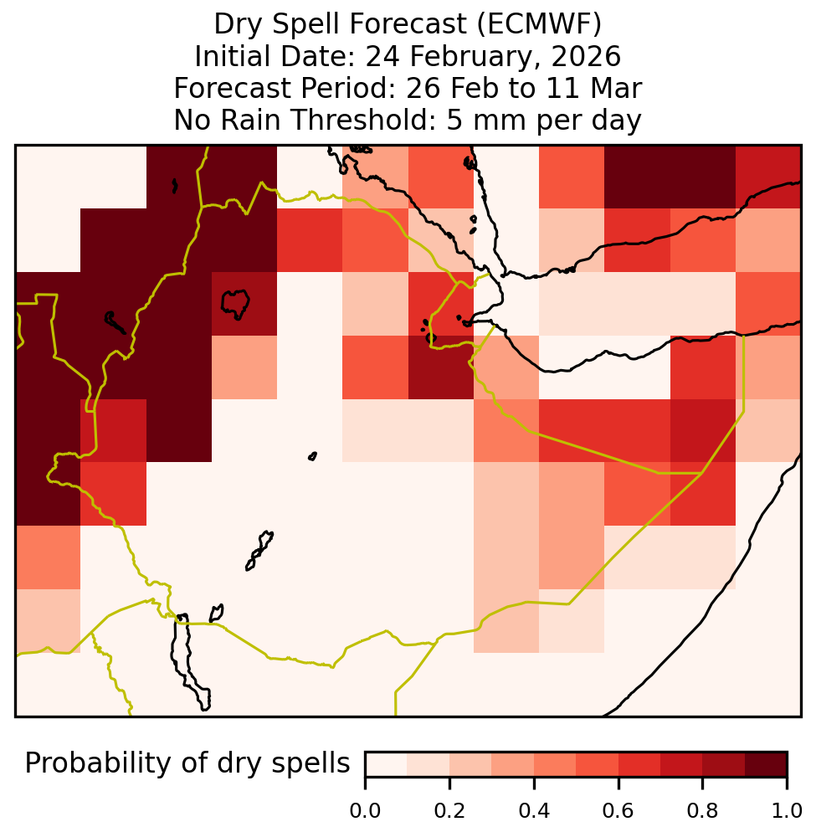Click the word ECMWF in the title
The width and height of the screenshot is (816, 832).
click(x=539, y=24)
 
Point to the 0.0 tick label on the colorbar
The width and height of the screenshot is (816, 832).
click(x=365, y=811)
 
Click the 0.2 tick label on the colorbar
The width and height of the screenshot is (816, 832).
click(x=449, y=811)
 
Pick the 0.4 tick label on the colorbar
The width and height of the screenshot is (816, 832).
click(x=534, y=811)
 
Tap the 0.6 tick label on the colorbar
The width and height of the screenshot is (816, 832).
click(x=618, y=811)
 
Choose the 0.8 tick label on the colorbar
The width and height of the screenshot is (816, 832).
click(x=702, y=811)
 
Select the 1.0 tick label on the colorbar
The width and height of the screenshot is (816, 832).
click(x=786, y=811)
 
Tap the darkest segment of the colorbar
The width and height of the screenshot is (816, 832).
click(x=766, y=764)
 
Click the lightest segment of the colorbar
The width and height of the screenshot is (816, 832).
click(x=387, y=764)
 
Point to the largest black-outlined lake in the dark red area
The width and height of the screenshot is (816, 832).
click(x=235, y=304)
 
